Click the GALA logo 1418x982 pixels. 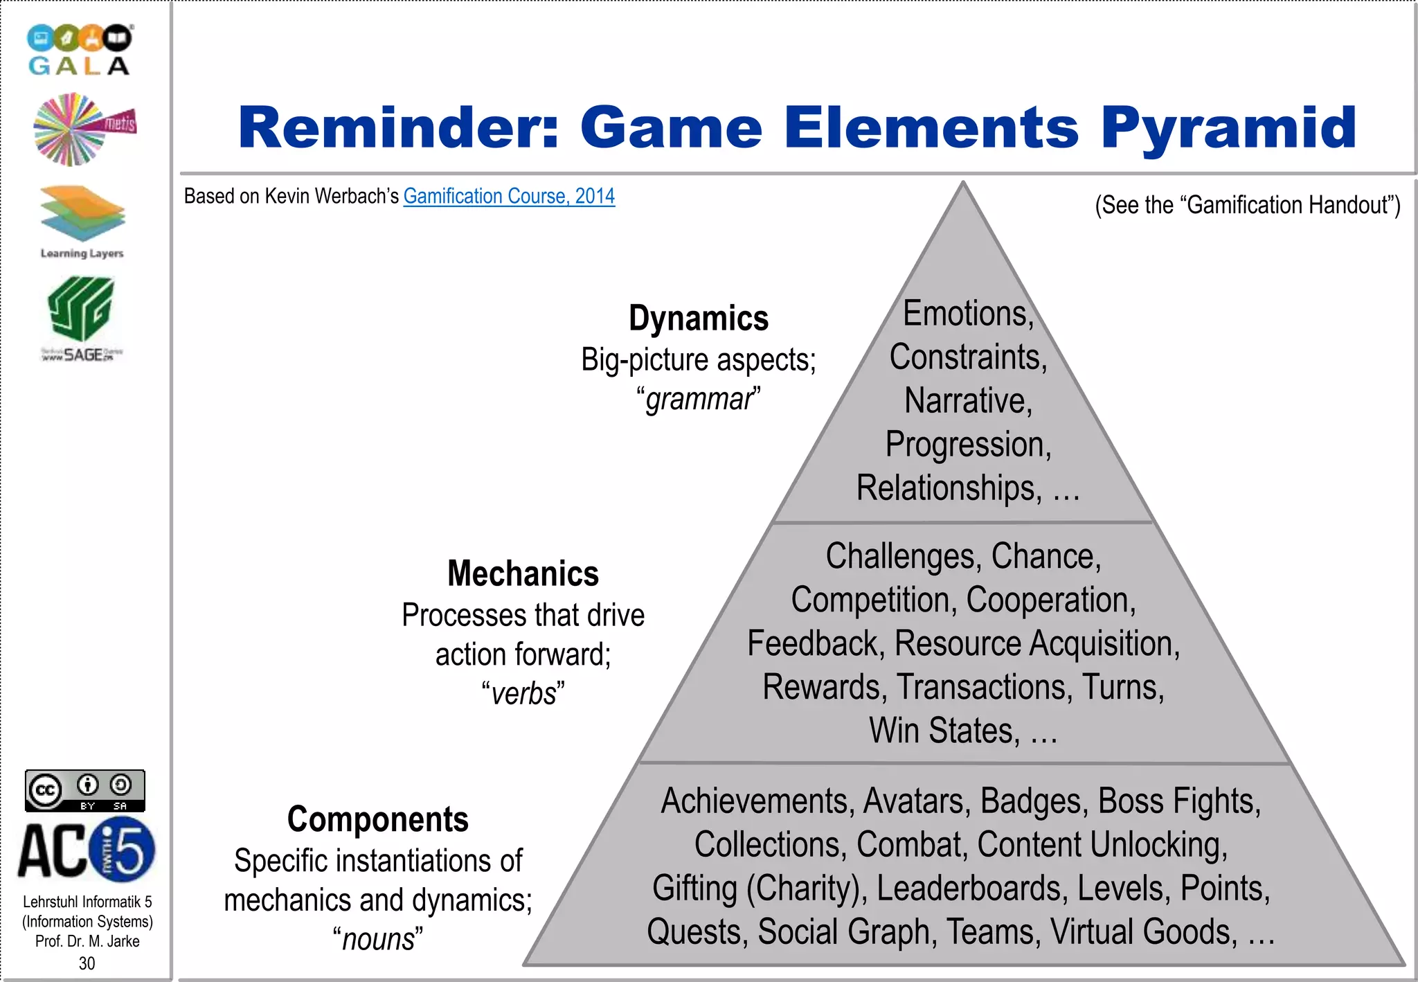(79, 50)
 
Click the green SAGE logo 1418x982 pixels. (81, 318)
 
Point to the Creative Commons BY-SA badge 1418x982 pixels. (85, 790)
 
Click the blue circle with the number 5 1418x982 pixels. (123, 849)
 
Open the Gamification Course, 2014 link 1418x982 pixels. (509, 197)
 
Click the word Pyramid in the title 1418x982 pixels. (1228, 129)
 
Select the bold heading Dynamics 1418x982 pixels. (699, 319)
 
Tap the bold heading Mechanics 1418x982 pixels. (523, 574)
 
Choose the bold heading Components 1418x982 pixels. (378, 820)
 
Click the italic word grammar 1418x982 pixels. (699, 400)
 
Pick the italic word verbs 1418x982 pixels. (523, 694)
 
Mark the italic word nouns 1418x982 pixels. (378, 940)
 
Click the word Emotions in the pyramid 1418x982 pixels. (967, 314)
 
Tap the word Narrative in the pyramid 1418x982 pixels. (967, 401)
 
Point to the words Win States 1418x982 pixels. (944, 731)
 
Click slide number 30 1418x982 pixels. (87, 963)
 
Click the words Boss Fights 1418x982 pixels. (1178, 801)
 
